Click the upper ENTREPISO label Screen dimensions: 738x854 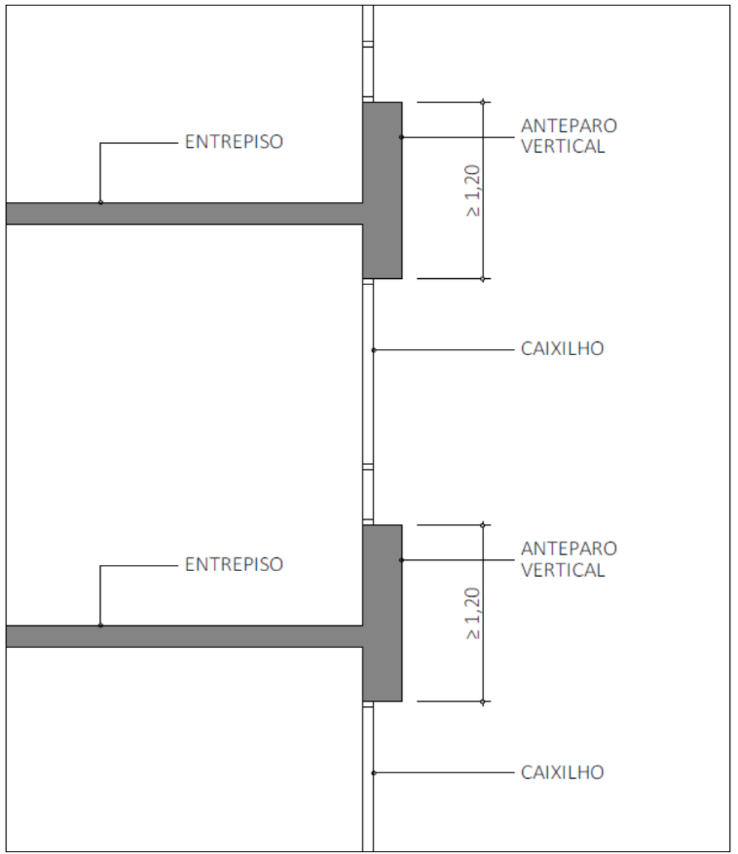[x=234, y=142]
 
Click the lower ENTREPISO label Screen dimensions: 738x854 [x=234, y=564]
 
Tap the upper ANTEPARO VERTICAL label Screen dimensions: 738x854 [x=569, y=136]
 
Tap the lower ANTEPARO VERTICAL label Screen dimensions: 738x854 [x=569, y=559]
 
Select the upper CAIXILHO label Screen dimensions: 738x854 [x=562, y=348]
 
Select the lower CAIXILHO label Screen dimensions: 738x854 [x=562, y=772]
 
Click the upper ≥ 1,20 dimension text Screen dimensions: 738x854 [x=473, y=191]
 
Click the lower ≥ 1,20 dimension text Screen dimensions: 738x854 [x=473, y=614]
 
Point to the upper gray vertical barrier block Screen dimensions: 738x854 [x=382, y=190]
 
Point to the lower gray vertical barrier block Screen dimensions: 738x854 [x=382, y=614]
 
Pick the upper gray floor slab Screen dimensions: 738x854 [x=184, y=214]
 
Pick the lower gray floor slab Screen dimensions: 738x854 [x=184, y=636]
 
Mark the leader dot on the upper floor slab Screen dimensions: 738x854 [x=100, y=202]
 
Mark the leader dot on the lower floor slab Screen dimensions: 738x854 [x=100, y=625]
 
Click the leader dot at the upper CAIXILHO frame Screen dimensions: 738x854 [x=373, y=349]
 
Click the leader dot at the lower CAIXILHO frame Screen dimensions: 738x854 [x=373, y=773]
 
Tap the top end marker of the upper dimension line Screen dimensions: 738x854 [x=483, y=102]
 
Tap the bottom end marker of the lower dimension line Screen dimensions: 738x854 [x=483, y=702]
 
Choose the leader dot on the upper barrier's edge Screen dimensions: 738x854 [x=402, y=137]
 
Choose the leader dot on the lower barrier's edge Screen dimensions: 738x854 [x=402, y=560]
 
